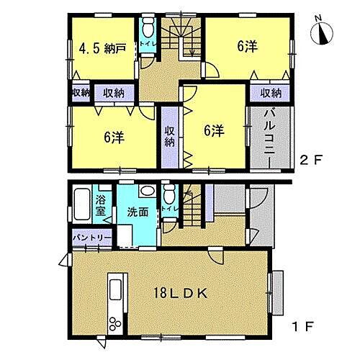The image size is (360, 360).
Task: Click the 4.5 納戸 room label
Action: (x=102, y=50)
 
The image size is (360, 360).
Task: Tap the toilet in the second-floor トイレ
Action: (x=146, y=29)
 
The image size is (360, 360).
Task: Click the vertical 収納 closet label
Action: (x=169, y=136)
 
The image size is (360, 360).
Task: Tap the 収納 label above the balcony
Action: (x=271, y=92)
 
